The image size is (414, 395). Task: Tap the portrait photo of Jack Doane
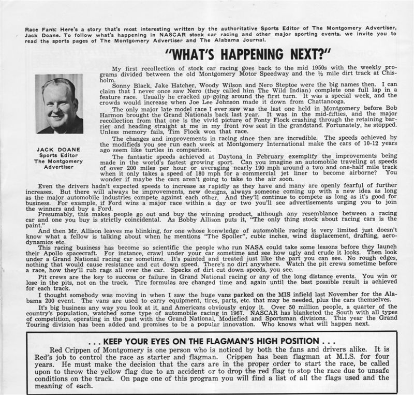pos(59,104)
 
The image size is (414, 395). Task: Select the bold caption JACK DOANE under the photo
pos(58,151)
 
